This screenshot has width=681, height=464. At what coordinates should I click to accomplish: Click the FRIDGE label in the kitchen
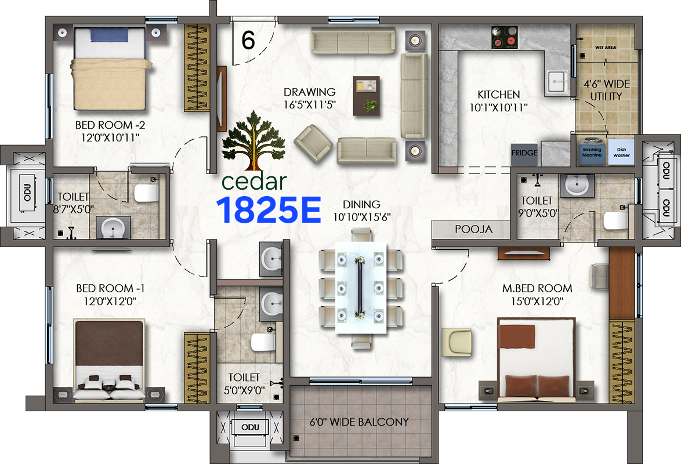tap(524, 154)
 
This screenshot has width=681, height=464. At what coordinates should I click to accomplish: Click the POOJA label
tap(473, 229)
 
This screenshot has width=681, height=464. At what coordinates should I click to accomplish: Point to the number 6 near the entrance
tap(248, 41)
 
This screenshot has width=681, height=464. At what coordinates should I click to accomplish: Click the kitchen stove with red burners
tap(503, 37)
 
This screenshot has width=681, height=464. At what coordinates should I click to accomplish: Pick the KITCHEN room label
tap(498, 95)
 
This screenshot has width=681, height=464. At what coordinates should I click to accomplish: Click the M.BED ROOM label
tap(537, 288)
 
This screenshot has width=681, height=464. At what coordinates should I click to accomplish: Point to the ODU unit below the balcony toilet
tap(250, 427)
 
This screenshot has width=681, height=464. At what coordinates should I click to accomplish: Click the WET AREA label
tap(606, 46)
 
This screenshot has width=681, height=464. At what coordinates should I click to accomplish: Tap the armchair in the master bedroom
tap(456, 342)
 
